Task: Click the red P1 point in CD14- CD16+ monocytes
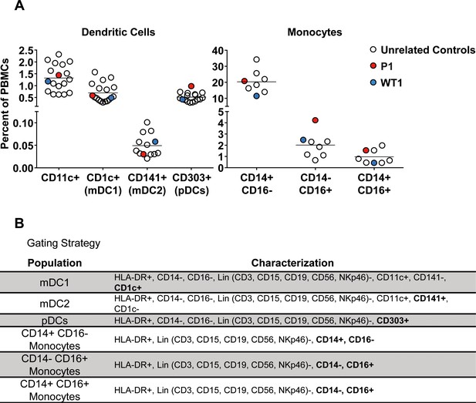[x=315, y=120]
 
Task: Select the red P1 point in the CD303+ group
[x=191, y=86]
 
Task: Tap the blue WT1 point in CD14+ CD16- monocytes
[x=257, y=96]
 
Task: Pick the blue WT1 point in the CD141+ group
[x=155, y=142]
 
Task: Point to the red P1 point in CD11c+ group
[x=59, y=76]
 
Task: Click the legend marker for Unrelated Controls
[x=373, y=50]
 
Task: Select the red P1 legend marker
[x=373, y=65]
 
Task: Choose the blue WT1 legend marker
[x=373, y=82]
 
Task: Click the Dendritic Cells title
[x=118, y=32]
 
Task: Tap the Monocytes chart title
[x=315, y=32]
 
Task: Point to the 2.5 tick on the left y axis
[x=25, y=50]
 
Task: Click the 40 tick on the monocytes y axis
[x=218, y=50]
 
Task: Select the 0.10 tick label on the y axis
[x=23, y=123]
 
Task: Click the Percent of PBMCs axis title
[x=5, y=104]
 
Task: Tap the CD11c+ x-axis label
[x=60, y=178]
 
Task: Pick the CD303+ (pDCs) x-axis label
[x=191, y=184]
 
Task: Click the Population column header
[x=55, y=263]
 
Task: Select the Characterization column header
[x=292, y=263]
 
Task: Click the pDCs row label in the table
[x=55, y=321]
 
